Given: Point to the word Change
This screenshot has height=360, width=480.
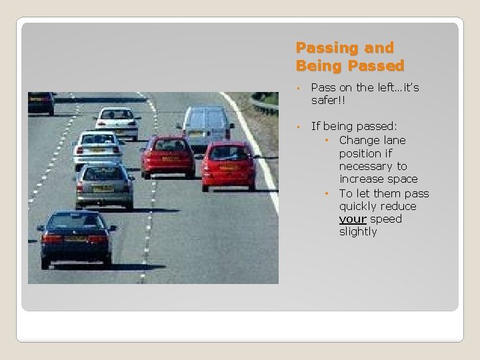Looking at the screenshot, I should tap(361, 140).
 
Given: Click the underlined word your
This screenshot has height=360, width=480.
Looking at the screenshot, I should tap(352, 219).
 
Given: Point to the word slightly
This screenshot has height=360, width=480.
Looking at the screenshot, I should tap(358, 232).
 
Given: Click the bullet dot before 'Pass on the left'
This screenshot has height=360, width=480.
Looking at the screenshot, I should tap(301, 88).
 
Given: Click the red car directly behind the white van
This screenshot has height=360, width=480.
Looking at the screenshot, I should tap(229, 163).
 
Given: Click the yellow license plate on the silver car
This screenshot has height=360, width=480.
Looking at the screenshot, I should tap(102, 189).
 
